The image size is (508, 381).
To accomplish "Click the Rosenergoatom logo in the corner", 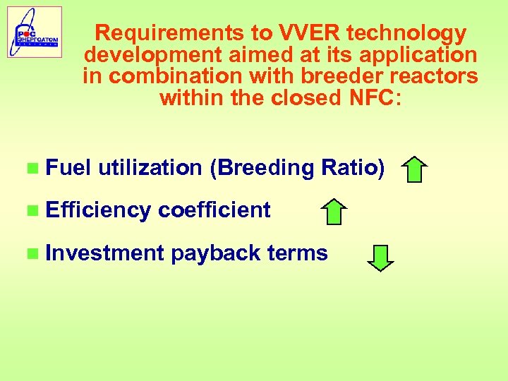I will coord(35,32).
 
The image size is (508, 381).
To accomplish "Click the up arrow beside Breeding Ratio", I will coord(416,170).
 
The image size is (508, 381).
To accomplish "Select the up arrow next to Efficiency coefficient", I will coord(334,212).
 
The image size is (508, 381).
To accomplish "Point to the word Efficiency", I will coord(98,210).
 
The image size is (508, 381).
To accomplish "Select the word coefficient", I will coord(214,210).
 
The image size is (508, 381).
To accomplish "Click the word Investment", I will coord(104,253).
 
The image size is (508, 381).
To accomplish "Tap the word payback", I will coord(216,253).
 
